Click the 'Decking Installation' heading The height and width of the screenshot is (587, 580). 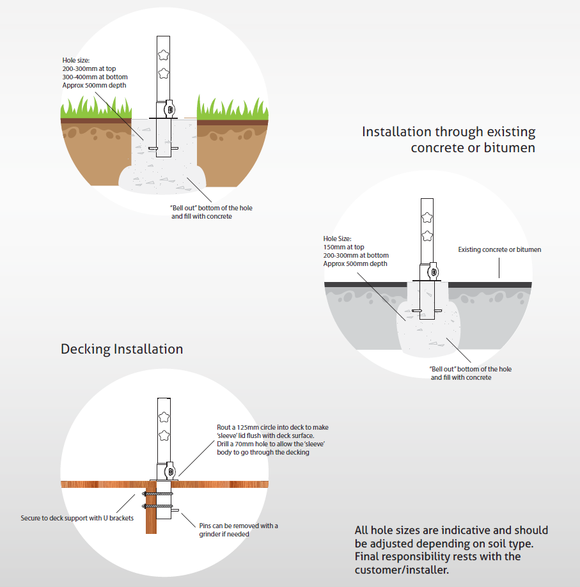[x=121, y=349]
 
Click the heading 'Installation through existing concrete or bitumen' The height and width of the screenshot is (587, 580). [x=448, y=139]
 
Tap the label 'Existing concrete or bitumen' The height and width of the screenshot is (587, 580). [x=499, y=250]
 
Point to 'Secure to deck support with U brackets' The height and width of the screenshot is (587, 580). [x=77, y=518]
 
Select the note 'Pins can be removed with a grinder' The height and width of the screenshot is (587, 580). [x=239, y=529]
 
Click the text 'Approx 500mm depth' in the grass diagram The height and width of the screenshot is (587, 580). [x=95, y=85]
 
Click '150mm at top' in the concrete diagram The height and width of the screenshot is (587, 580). [x=344, y=247]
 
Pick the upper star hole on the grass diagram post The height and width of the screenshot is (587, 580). [x=163, y=55]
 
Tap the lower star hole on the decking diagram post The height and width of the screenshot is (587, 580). [x=164, y=435]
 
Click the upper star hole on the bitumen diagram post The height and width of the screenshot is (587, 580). [x=427, y=217]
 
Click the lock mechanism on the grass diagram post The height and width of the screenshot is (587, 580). [x=169, y=110]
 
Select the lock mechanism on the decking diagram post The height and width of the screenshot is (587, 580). [x=170, y=472]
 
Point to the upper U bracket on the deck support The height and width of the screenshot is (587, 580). [x=158, y=494]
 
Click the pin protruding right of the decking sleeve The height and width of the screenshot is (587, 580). [x=175, y=510]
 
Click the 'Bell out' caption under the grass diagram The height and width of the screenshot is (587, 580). [x=211, y=212]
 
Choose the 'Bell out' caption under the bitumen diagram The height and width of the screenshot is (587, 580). [x=470, y=373]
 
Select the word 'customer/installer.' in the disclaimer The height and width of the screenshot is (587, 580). [x=402, y=570]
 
